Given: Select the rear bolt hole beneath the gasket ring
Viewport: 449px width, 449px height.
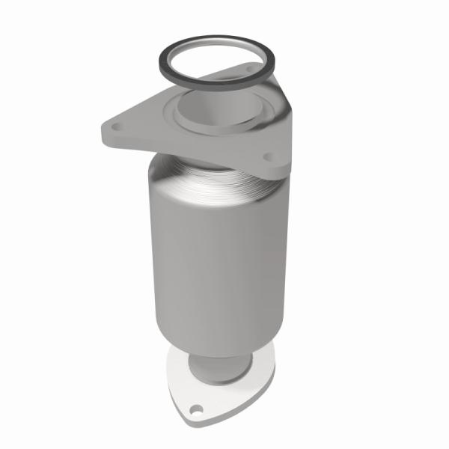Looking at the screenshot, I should coord(250,71).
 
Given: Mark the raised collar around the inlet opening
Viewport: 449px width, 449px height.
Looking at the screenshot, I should coord(187,120).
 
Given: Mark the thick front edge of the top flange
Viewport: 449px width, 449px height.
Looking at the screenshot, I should coord(187,153).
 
